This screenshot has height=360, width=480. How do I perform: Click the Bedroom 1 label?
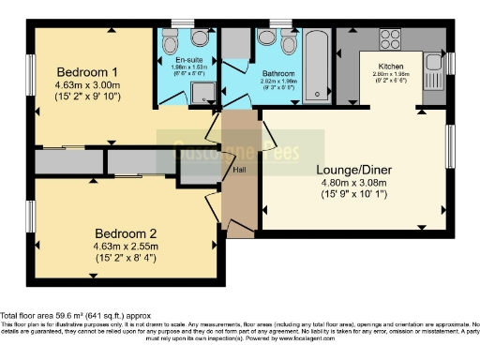[87, 72]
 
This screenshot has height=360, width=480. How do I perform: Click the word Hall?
[239, 169]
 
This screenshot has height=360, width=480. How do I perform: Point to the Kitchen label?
[390, 67]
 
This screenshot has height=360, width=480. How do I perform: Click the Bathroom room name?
[279, 73]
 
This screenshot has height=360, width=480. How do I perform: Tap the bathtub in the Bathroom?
[316, 66]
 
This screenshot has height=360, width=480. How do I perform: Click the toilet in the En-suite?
[171, 42]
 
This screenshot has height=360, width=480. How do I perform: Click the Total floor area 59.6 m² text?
[75, 317]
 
